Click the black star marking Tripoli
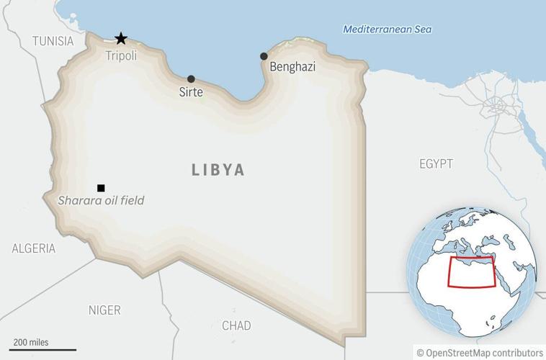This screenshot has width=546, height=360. click(121, 38)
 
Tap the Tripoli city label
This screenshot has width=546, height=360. click(121, 55)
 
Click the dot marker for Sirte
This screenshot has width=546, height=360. click(191, 79)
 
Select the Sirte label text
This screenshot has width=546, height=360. click(191, 92)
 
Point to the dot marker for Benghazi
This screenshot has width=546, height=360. click(264, 56)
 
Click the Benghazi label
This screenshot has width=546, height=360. click(292, 67)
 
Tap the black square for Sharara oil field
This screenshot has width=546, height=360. click(101, 188)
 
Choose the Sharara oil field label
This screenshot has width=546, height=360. click(101, 201)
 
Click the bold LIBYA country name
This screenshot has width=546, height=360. click(218, 171)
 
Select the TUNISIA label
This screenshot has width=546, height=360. click(53, 41)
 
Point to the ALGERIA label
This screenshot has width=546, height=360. click(33, 248)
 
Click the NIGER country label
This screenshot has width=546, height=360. click(104, 310)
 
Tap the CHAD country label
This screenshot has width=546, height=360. click(236, 325)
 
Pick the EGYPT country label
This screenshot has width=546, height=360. click(436, 164)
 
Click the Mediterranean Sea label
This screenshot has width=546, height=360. click(387, 30)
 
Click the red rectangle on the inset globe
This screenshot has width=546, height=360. click(472, 271)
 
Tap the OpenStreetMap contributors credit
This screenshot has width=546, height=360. click(479, 352)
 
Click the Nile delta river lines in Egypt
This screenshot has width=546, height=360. click(497, 108)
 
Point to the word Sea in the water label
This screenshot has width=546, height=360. click(421, 30)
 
